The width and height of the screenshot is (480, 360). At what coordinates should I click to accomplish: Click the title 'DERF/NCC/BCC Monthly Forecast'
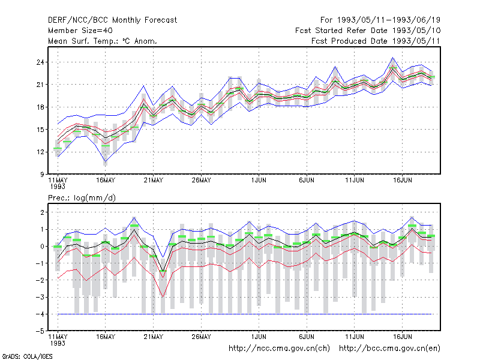tap(112, 20)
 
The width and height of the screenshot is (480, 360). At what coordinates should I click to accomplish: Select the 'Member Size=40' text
tap(80, 31)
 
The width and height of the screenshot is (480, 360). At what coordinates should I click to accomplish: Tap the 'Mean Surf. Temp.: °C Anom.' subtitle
tap(103, 41)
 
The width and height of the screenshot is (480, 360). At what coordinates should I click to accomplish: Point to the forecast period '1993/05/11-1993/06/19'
tap(389, 20)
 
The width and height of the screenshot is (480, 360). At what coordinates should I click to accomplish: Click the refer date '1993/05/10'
tap(416, 31)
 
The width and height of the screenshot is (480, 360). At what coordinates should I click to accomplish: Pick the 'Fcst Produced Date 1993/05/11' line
tap(376, 41)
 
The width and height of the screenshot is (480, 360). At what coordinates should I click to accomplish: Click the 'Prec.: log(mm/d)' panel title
tap(82, 198)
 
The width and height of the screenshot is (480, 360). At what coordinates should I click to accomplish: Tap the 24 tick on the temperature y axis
tap(40, 62)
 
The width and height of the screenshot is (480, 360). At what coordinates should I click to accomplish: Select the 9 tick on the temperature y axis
tap(42, 175)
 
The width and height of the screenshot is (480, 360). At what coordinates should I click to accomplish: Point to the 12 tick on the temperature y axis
tap(40, 152)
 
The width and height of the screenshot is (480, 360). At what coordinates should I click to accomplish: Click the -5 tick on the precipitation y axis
tap(40, 331)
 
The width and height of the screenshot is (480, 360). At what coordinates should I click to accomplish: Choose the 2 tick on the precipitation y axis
tap(42, 212)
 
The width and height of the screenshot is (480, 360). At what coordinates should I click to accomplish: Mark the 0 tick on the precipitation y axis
tap(42, 247)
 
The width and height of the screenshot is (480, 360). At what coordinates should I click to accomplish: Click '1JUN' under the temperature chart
tap(259, 181)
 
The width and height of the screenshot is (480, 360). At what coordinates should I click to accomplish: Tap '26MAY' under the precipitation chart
tap(201, 337)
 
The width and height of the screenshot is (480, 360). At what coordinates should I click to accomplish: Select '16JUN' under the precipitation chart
tap(402, 337)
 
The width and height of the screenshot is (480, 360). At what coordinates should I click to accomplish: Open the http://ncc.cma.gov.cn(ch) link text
tap(279, 349)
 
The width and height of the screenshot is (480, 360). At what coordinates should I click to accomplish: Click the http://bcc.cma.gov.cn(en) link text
tap(389, 349)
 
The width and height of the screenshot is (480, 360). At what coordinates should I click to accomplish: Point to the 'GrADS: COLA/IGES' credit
tap(27, 356)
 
